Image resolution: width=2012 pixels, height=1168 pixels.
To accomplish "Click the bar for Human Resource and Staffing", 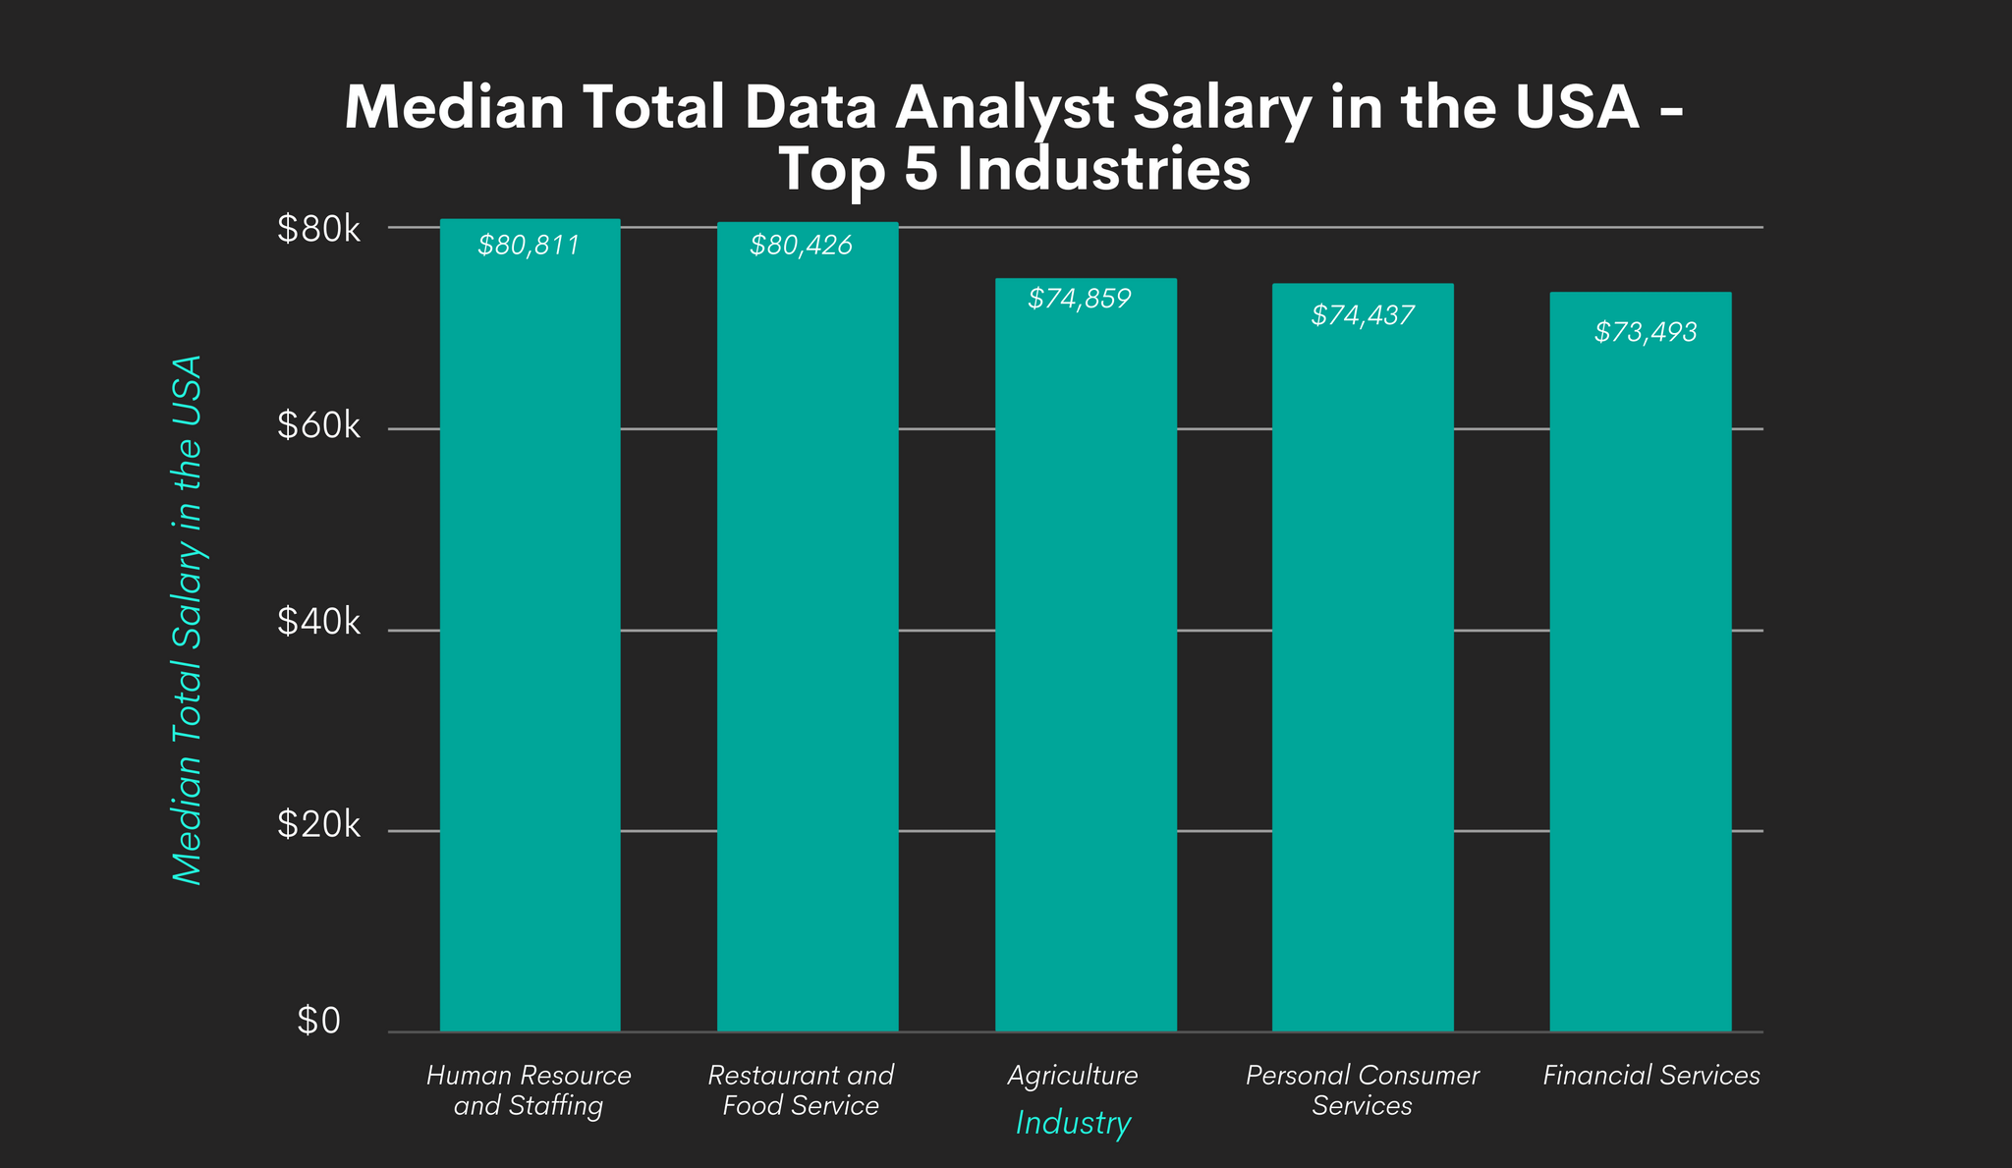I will [x=530, y=629].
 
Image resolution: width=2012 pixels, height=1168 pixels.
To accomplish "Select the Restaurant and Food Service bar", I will [x=808, y=629].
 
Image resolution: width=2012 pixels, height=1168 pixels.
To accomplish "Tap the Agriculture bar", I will [x=1086, y=658].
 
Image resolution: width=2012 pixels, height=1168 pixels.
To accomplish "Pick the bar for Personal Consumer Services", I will [x=1363, y=658].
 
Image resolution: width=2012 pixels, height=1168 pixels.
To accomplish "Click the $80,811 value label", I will [x=530, y=246].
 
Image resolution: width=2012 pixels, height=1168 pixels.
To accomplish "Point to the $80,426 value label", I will [x=801, y=246].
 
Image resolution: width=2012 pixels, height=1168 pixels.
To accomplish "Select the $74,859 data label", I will [x=1080, y=299].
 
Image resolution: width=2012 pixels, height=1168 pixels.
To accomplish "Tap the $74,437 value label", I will [x=1363, y=315].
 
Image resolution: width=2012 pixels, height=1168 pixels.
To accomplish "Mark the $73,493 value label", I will [x=1646, y=332].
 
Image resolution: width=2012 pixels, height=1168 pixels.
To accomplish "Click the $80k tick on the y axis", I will [x=319, y=230].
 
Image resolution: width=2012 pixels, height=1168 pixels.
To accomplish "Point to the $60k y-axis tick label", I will [x=319, y=426].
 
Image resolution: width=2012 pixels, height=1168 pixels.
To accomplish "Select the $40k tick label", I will [x=319, y=622].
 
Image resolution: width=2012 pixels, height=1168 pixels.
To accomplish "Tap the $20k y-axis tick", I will [x=319, y=825].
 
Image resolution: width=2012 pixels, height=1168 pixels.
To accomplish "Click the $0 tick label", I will [x=319, y=1022].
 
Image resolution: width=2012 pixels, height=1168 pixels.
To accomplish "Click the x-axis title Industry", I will [x=1073, y=1123].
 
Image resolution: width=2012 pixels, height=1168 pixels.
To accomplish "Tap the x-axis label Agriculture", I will [x=1073, y=1076].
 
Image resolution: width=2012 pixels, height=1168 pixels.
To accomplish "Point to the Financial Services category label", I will [x=1651, y=1076].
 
